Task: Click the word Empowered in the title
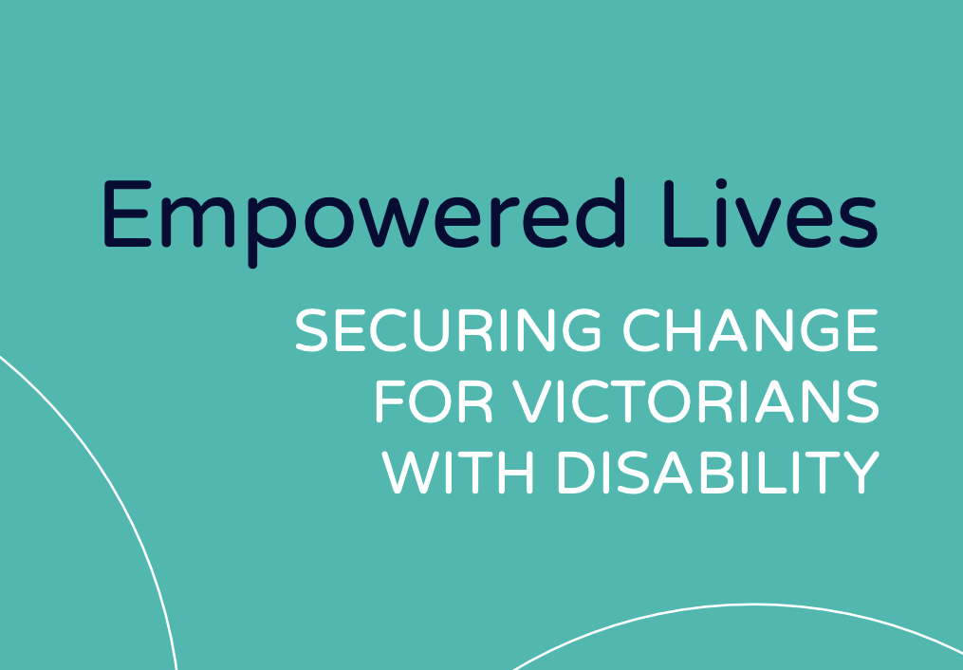pos(365,222)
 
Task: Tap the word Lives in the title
pos(771,214)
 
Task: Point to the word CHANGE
pos(750,330)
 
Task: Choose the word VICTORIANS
pos(695,402)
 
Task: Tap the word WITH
pos(457,473)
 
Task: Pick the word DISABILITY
pos(718,473)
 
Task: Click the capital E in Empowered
pos(128,214)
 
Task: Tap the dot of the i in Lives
pos(722,183)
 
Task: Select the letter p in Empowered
pos(272,233)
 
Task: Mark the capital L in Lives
pos(686,214)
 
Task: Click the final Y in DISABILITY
pos(861,473)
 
